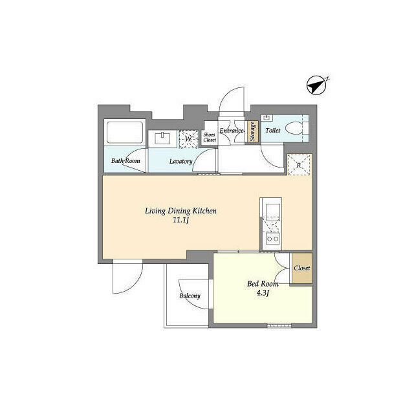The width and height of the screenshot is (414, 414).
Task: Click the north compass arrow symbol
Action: coord(316,85)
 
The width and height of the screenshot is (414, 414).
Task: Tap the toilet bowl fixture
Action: coord(297,129)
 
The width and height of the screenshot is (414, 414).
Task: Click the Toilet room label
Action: coord(273,130)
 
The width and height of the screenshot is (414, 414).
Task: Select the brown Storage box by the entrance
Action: coord(252,131)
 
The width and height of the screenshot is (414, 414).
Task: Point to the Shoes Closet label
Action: coord(210,137)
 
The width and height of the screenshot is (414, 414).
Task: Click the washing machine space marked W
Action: coord(188,138)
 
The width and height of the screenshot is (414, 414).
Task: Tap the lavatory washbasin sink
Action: coord(162,138)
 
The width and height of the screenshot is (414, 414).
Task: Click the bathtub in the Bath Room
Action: coord(125,132)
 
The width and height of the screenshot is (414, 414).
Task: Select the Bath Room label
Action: coord(125,161)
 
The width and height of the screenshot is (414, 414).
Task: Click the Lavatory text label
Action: coord(181,161)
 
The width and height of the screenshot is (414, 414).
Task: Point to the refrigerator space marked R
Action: coord(299,165)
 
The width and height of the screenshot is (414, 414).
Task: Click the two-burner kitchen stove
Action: coord(273,239)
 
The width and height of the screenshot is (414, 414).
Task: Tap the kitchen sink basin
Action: coord(273,210)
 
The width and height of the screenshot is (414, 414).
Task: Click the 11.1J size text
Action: coord(181,220)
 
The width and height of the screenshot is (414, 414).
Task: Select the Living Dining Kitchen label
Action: coord(181,211)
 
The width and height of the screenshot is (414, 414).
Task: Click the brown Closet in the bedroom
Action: coord(302,268)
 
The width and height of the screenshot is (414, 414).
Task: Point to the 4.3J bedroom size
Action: coord(263,293)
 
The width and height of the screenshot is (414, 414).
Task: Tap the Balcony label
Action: coord(190,296)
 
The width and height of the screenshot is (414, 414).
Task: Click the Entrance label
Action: coord(232,131)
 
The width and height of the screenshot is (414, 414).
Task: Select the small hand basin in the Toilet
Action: coord(267,118)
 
